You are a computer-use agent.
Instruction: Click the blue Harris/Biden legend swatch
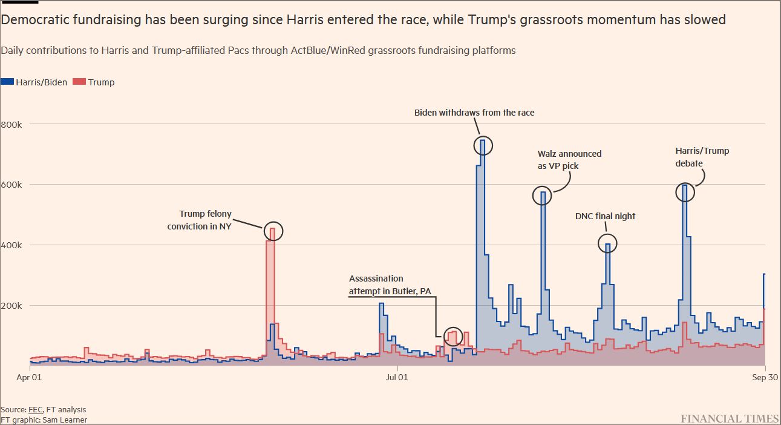click(7, 82)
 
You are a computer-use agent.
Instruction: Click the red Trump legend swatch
click(79, 82)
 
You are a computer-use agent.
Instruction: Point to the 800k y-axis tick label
click(11, 124)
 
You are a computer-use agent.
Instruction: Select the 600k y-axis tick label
click(11, 185)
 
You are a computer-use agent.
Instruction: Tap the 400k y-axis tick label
click(11, 245)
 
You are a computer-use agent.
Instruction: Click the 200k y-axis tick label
click(11, 306)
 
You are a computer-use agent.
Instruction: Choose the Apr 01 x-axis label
click(29, 378)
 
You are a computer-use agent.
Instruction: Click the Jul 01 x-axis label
click(397, 378)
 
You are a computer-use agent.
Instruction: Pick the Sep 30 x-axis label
click(765, 378)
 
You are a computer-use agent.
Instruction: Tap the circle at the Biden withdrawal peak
click(483, 145)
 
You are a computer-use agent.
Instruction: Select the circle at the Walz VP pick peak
click(543, 195)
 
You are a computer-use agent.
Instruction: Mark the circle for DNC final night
click(607, 243)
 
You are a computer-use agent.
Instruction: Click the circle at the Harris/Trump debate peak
click(685, 193)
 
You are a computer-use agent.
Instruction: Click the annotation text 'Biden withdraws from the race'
click(474, 113)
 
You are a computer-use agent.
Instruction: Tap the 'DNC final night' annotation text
click(605, 216)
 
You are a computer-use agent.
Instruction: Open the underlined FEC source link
click(35, 410)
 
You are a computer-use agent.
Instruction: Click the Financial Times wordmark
click(730, 418)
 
